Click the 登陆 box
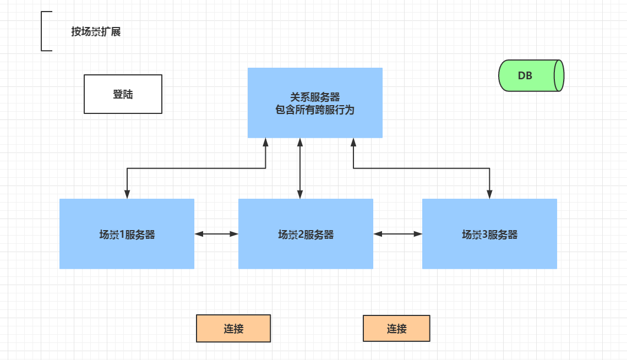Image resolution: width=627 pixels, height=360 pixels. pyautogui.click(x=123, y=94)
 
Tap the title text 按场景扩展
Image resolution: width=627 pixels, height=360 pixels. pyautogui.click(x=96, y=32)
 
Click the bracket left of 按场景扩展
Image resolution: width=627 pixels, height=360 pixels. pyautogui.click(x=43, y=31)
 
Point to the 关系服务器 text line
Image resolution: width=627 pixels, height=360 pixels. pyautogui.click(x=315, y=97)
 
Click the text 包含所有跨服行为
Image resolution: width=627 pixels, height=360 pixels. pyautogui.click(x=315, y=110)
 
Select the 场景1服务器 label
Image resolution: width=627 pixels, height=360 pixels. pyautogui.click(x=127, y=235)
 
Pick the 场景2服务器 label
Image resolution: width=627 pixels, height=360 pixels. pyautogui.click(x=306, y=235)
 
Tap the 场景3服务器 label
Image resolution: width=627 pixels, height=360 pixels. pyautogui.click(x=489, y=235)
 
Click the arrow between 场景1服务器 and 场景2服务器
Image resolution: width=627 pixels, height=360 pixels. pyautogui.click(x=216, y=234)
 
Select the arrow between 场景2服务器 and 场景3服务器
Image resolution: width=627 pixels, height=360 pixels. pyautogui.click(x=397, y=234)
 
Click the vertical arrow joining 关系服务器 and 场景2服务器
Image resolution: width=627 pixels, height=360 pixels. pyautogui.click(x=300, y=168)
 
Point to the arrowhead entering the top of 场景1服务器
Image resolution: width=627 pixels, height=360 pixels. pyautogui.click(x=127, y=194)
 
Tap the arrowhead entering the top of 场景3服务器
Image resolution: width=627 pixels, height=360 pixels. pyautogui.click(x=489, y=194)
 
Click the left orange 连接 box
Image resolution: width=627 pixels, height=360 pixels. pyautogui.click(x=233, y=329)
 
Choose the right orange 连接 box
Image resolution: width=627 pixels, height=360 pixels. pyautogui.click(x=396, y=329)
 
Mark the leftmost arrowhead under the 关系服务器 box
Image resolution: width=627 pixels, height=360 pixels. pyautogui.click(x=266, y=142)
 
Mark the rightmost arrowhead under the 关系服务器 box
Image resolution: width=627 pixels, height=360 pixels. pyautogui.click(x=353, y=142)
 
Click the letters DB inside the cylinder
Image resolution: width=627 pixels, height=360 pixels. pyautogui.click(x=525, y=76)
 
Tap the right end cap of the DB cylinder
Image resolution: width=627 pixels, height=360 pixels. pyautogui.click(x=559, y=76)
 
